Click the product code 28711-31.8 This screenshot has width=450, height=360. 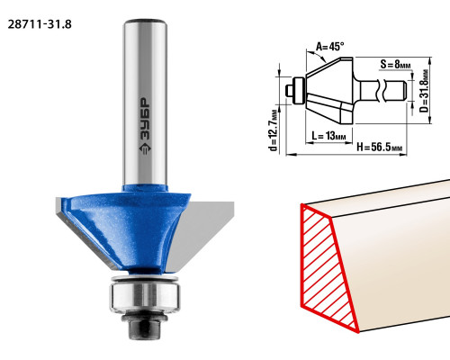click(x=40, y=24)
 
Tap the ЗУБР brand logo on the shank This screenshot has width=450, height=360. click(x=145, y=126)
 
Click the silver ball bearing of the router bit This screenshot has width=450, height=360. click(x=145, y=297)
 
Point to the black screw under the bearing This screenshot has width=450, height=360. click(x=145, y=326)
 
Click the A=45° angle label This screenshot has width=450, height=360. click(x=329, y=47)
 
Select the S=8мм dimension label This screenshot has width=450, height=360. click(x=395, y=64)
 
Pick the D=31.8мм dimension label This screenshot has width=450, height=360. click(x=424, y=91)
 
